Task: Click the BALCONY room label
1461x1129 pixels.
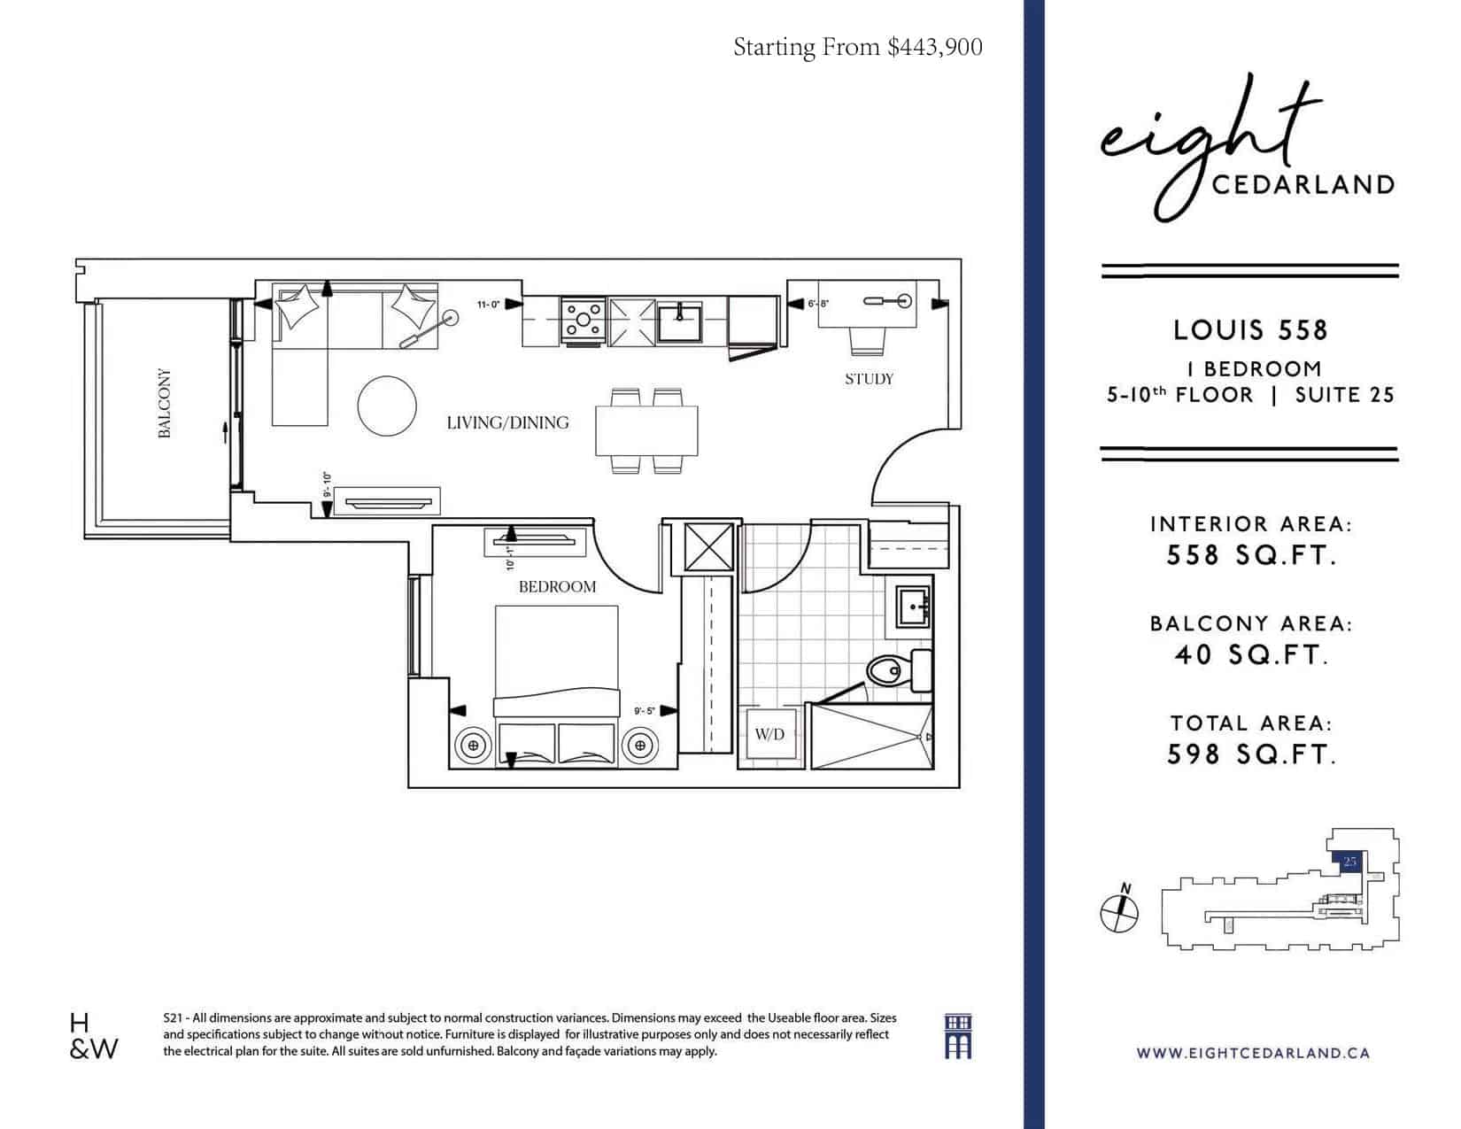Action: (164, 403)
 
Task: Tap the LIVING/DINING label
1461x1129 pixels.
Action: (507, 423)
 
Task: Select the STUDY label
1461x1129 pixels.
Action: (869, 379)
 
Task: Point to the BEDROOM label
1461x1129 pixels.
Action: (557, 587)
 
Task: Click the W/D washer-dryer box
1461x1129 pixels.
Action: (769, 734)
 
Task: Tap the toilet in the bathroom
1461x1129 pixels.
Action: (898, 670)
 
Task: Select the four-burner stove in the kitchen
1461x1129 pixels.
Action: (583, 321)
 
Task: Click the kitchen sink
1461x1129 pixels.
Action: (679, 321)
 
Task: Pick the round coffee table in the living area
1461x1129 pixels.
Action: (387, 406)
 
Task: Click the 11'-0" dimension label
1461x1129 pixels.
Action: (489, 305)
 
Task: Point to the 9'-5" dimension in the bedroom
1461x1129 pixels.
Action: (644, 711)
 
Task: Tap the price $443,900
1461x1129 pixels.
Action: (935, 47)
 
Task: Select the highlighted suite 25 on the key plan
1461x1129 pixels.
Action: (1348, 862)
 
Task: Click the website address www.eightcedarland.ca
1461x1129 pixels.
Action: (1253, 1054)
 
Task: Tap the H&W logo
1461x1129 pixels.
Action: (94, 1036)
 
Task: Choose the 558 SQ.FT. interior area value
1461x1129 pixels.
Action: (1250, 555)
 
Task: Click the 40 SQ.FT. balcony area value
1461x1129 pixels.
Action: (1250, 655)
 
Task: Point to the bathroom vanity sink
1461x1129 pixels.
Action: (912, 606)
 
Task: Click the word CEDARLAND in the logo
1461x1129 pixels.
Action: (1303, 185)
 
